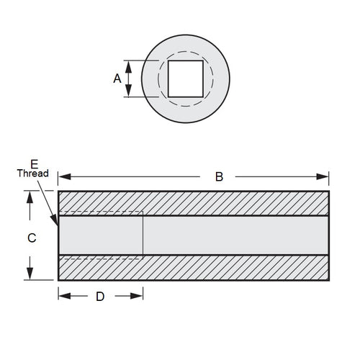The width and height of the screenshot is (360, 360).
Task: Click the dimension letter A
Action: tap(117, 78)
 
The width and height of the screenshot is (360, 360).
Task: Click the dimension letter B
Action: tap(220, 176)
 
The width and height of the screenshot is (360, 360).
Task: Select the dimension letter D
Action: tap(101, 296)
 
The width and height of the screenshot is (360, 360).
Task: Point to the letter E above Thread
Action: tap(33, 163)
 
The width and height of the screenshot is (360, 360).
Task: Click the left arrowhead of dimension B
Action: tap(63, 176)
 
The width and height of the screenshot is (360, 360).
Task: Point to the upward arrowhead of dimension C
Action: tap(30, 197)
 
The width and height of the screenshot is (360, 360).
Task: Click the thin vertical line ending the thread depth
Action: tap(143, 235)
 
